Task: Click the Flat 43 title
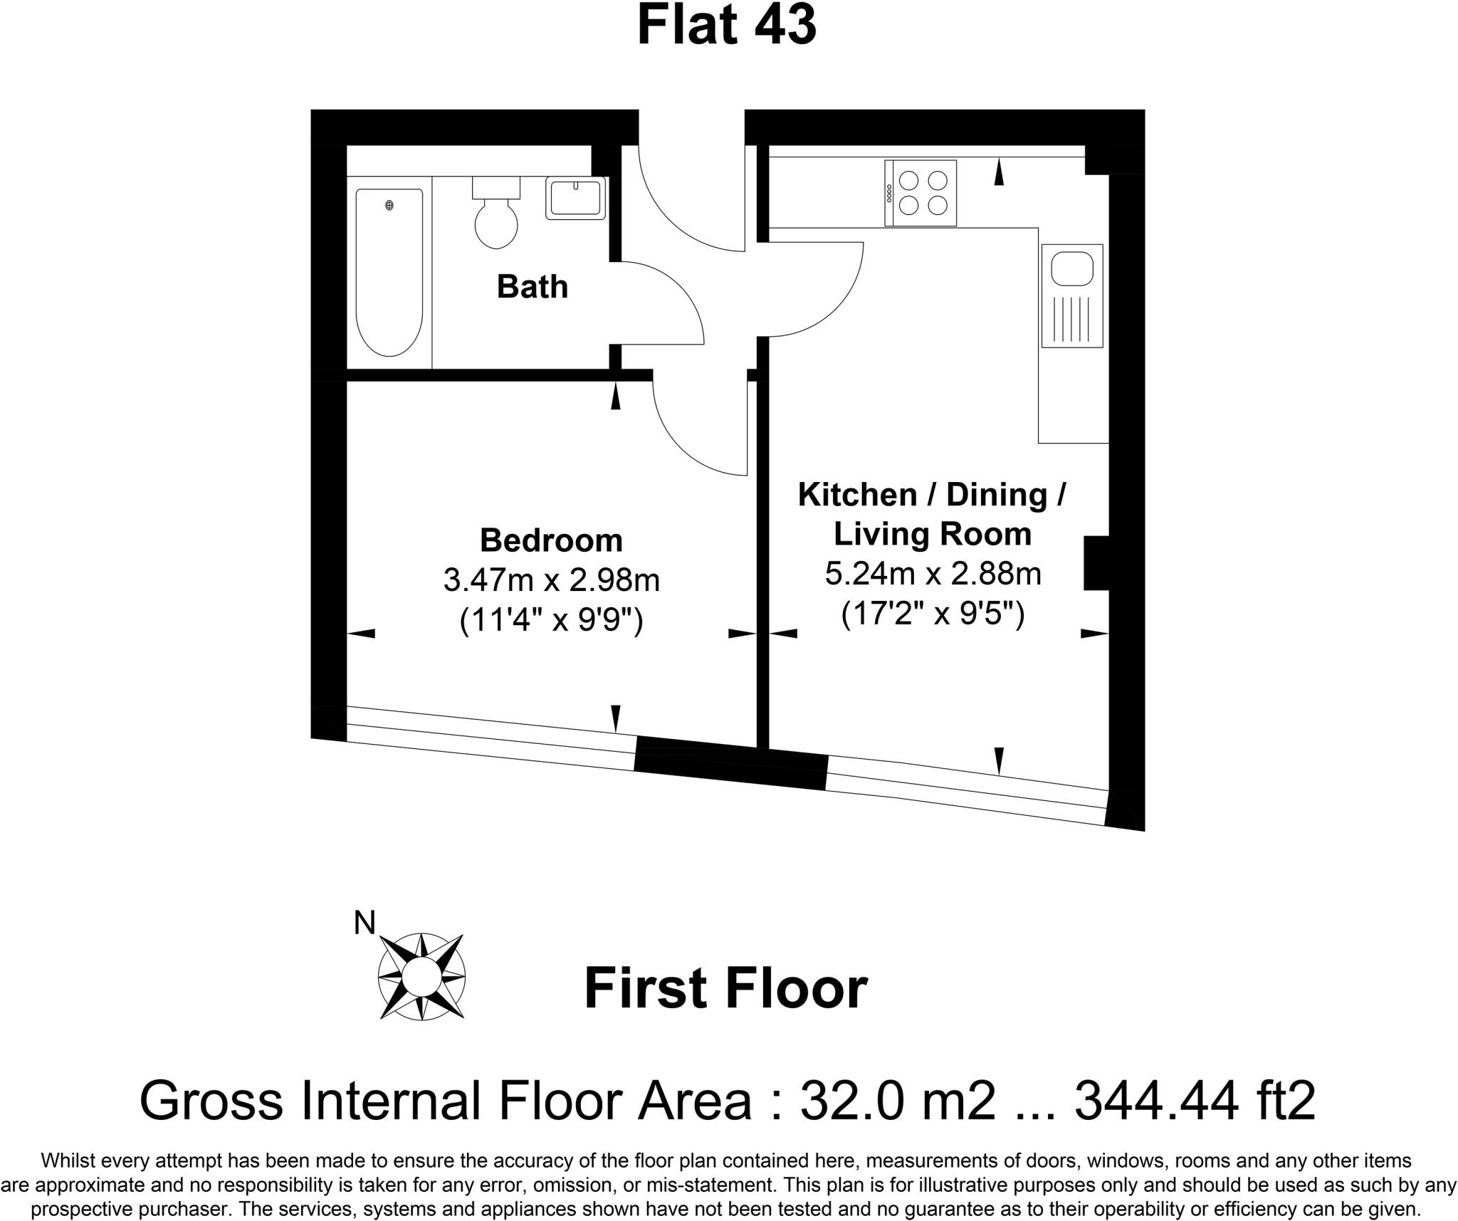pyautogui.click(x=726, y=26)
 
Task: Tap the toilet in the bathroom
pyautogui.click(x=496, y=216)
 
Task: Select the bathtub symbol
pyautogui.click(x=389, y=272)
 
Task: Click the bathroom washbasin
pyautogui.click(x=575, y=198)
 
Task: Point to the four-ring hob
pyautogui.click(x=921, y=193)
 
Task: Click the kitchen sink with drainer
pyautogui.click(x=1071, y=295)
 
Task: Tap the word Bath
pyautogui.click(x=532, y=287)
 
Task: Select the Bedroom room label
pyautogui.click(x=551, y=540)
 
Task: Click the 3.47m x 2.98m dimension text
pyautogui.click(x=551, y=580)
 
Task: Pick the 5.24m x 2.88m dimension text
pyautogui.click(x=933, y=574)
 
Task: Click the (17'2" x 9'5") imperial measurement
pyautogui.click(x=933, y=614)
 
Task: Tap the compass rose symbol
pyautogui.click(x=421, y=975)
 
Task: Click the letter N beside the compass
pyautogui.click(x=364, y=923)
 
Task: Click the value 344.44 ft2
pyautogui.click(x=1195, y=1101)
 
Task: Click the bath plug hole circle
pyautogui.click(x=389, y=206)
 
